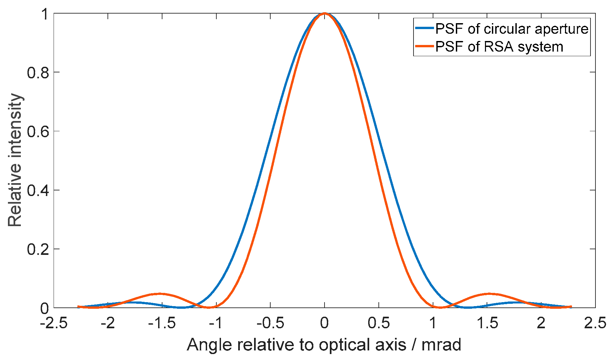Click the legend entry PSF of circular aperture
[x=511, y=29]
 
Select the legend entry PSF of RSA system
[x=499, y=47]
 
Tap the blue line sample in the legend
[x=424, y=28]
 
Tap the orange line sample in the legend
[x=424, y=46]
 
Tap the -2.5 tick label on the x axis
[x=54, y=323]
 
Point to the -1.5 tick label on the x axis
[x=162, y=323]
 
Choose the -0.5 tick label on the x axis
[x=270, y=323]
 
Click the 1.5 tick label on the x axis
[x=487, y=323]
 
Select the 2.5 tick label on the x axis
[x=595, y=323]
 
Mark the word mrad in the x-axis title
[x=441, y=345]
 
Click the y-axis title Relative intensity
[x=15, y=160]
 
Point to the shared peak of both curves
[x=325, y=14]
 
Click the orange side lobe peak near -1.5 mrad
[x=159, y=294]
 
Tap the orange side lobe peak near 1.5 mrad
[x=489, y=294]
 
